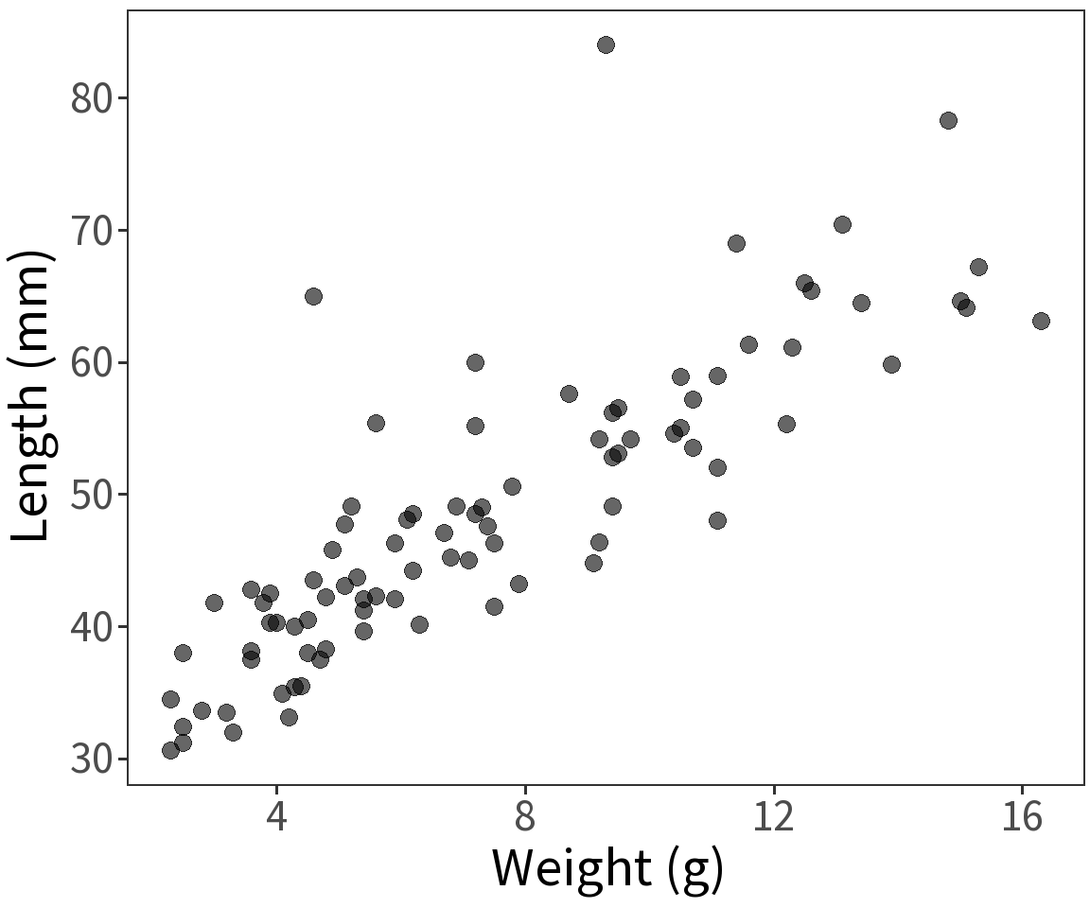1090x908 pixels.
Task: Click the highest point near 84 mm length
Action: tap(606, 44)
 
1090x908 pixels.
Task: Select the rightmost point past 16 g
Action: tap(1041, 321)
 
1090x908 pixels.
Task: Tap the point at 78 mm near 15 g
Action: tap(948, 120)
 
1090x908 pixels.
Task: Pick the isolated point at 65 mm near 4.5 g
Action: tap(313, 296)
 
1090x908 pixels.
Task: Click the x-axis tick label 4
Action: tap(276, 817)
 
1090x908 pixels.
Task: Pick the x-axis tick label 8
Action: tap(525, 817)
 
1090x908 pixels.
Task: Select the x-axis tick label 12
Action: tap(774, 817)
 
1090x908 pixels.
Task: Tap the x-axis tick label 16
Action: tap(1023, 817)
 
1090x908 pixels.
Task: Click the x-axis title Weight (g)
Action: tap(607, 868)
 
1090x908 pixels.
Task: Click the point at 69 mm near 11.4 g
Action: tap(736, 243)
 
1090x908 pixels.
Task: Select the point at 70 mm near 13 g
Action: tap(842, 224)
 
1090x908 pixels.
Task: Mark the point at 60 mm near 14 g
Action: tap(891, 364)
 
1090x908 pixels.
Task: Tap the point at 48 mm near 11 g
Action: tap(717, 520)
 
